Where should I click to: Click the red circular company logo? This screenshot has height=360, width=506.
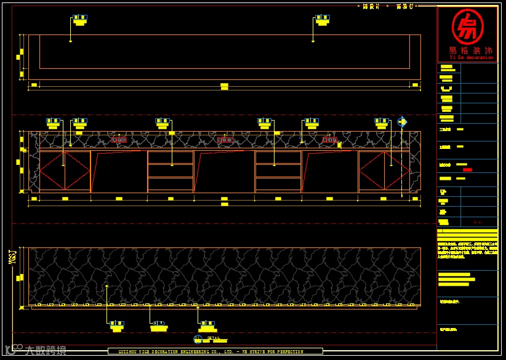tap(467, 26)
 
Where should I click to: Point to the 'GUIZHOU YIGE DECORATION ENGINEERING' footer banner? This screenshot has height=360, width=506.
tap(215, 352)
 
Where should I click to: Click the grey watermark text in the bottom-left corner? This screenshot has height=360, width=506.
tap(40, 351)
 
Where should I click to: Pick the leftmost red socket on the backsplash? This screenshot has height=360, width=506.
tap(119, 140)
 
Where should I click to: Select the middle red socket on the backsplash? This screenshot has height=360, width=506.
tap(225, 140)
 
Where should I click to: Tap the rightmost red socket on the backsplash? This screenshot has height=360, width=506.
tap(329, 140)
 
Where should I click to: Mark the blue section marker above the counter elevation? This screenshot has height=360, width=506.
tap(401, 122)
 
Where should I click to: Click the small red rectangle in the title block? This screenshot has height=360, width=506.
tap(467, 169)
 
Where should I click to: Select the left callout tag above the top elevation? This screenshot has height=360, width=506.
tap(79, 20)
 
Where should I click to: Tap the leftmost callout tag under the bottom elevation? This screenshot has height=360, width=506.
tap(116, 326)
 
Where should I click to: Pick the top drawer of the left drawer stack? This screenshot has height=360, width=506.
tap(171, 158)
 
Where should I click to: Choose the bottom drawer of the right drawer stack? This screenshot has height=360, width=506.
tap(278, 185)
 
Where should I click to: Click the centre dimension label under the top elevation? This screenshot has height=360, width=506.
tap(224, 86)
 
